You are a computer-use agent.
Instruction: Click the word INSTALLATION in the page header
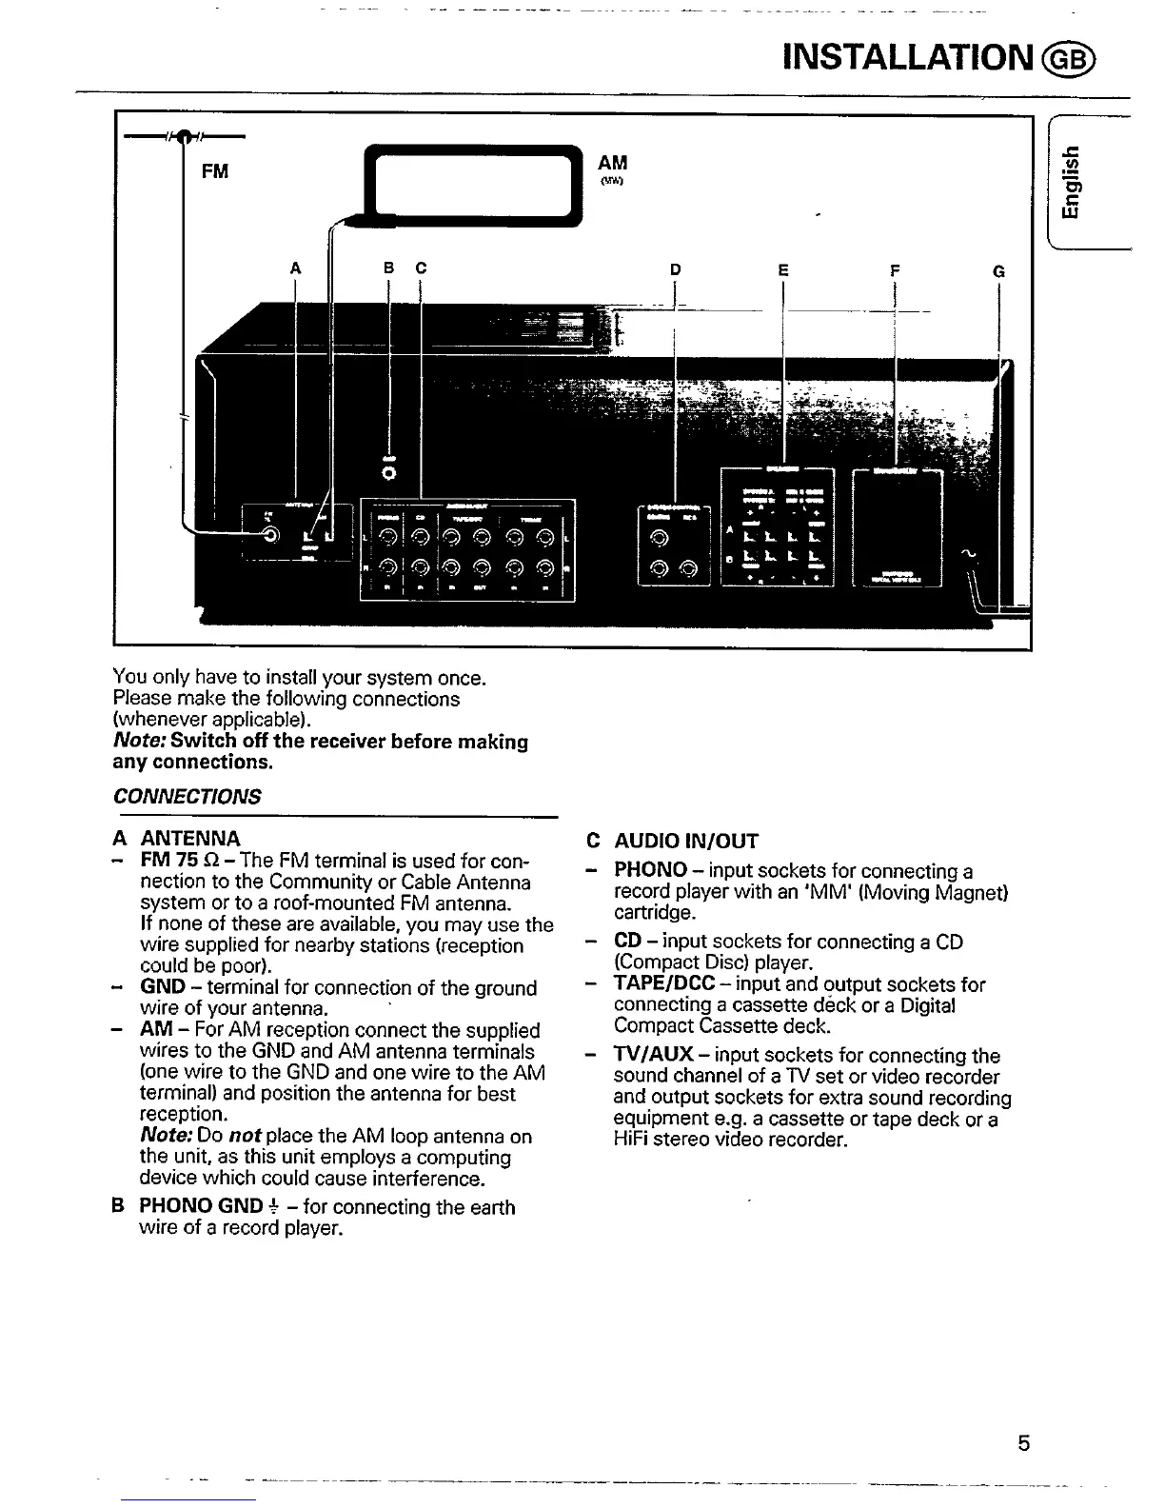pos(905,57)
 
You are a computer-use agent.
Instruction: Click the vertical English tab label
pos(1073,187)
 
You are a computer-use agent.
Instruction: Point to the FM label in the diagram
pos(215,171)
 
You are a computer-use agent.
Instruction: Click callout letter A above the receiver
pos(295,269)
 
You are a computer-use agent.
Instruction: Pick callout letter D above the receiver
pos(676,270)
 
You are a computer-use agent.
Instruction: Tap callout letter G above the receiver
pos(998,271)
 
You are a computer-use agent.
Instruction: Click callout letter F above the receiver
pos(895,270)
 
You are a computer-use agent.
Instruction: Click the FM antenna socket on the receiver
pos(271,535)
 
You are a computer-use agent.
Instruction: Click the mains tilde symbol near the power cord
pos(968,553)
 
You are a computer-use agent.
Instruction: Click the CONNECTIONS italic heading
pos(187,796)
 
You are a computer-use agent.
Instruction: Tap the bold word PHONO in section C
pos(650,870)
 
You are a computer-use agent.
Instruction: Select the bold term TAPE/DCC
pos(664,984)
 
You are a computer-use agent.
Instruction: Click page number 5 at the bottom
pos(1023,1443)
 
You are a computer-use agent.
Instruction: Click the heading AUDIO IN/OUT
pos(686,841)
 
